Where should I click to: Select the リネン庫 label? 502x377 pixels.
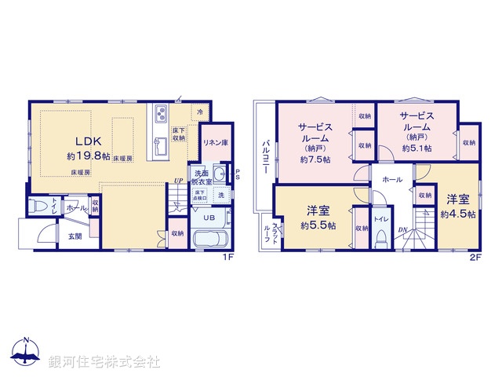click(x=215, y=143)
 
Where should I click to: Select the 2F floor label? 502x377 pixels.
click(x=475, y=257)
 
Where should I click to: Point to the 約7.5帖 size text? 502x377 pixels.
click(x=315, y=159)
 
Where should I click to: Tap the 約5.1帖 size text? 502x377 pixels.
click(x=416, y=147)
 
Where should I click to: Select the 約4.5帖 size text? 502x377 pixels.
click(x=457, y=213)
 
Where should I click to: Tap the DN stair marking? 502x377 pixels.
click(x=402, y=229)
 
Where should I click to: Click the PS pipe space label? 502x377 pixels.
click(x=238, y=175)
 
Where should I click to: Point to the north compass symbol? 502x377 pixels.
click(x=26, y=353)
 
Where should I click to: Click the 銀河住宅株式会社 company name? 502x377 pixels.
click(x=104, y=362)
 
